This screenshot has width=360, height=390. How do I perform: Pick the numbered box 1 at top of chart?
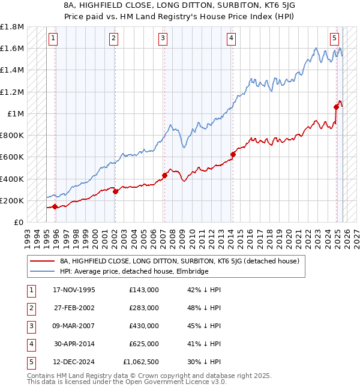[x=53, y=38]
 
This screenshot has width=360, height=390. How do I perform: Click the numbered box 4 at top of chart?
[x=231, y=38]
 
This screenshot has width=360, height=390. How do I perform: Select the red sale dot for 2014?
[x=233, y=154]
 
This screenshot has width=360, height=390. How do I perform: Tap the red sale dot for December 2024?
[x=337, y=107]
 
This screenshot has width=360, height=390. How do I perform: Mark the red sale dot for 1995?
[x=55, y=206]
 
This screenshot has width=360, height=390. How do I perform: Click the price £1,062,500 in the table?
[x=144, y=362]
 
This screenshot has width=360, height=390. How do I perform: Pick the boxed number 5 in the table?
[x=30, y=362]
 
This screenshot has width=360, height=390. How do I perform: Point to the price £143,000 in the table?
[x=144, y=290]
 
